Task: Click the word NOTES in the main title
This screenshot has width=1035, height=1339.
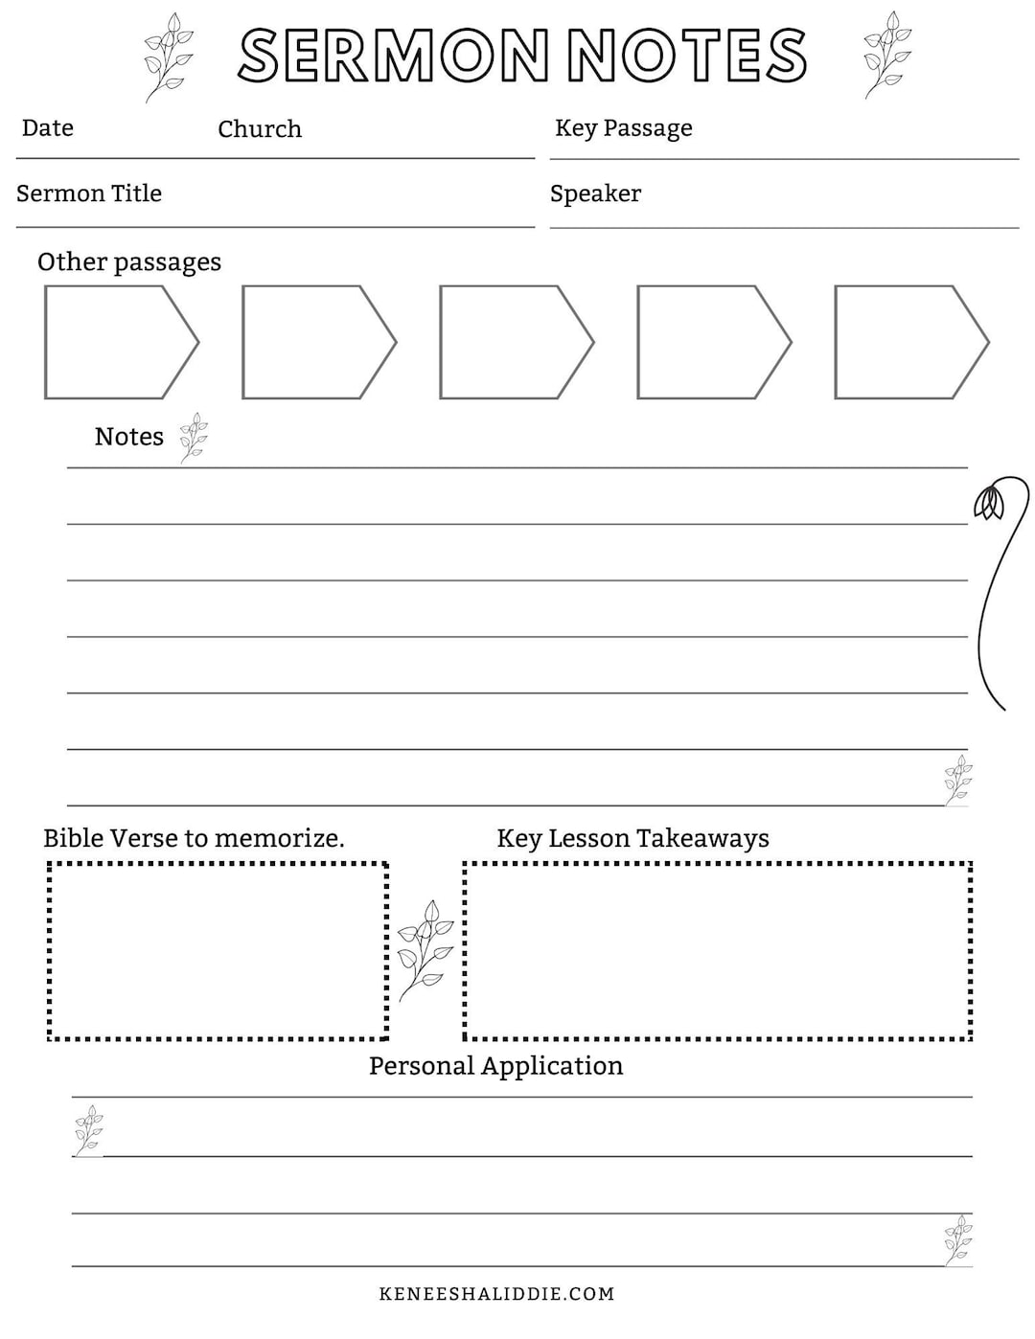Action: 688,56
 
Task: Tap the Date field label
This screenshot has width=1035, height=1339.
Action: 48,128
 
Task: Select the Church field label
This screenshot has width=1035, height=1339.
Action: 260,129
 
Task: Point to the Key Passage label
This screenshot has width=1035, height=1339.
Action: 624,128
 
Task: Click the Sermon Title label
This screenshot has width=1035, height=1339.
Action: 89,193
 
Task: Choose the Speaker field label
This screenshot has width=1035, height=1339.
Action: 595,193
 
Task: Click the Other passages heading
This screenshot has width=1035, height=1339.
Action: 129,262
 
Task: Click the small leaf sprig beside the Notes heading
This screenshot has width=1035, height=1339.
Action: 195,438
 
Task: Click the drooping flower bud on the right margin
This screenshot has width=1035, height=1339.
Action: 988,502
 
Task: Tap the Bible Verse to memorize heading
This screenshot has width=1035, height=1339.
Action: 194,839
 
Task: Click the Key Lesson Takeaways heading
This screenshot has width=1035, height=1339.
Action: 632,839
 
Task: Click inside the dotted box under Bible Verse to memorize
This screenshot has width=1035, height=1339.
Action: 218,950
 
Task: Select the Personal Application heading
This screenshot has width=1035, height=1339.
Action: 495,1066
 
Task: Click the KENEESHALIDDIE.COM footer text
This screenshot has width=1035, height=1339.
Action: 496,1294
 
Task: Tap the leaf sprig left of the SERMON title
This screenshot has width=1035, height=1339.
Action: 168,56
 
